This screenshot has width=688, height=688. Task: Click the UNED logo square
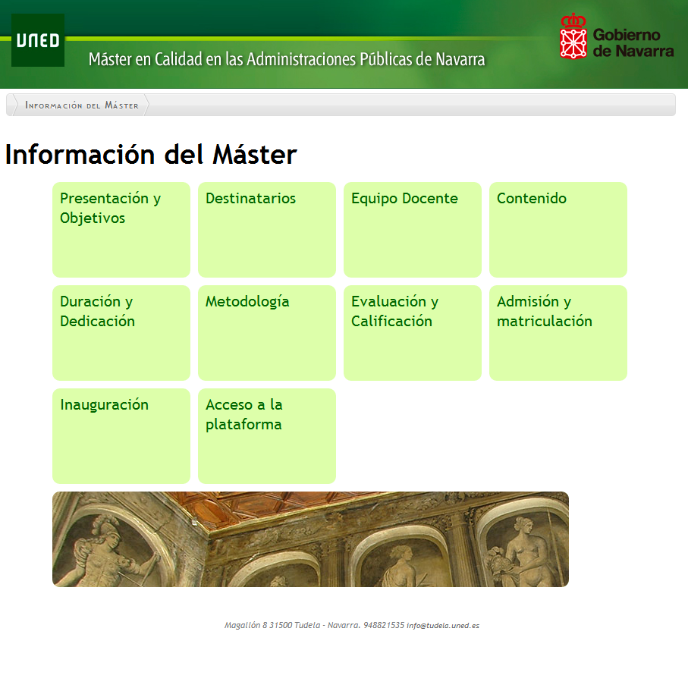pyautogui.click(x=38, y=40)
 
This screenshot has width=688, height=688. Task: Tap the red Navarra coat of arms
pyautogui.click(x=573, y=36)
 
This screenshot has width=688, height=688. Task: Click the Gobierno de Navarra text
pyautogui.click(x=633, y=43)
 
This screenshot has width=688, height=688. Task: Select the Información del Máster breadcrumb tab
pyautogui.click(x=82, y=105)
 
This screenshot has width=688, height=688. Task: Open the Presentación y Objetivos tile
pyautogui.click(x=121, y=230)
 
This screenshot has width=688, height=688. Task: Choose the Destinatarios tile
pyautogui.click(x=267, y=230)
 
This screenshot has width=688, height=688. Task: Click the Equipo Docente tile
pyautogui.click(x=413, y=230)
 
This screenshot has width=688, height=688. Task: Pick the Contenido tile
pyautogui.click(x=558, y=230)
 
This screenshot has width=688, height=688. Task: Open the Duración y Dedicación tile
pyautogui.click(x=121, y=332)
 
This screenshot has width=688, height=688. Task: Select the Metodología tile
pyautogui.click(x=267, y=332)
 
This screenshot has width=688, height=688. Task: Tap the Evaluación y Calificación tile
pyautogui.click(x=413, y=332)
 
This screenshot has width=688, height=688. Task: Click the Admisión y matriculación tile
pyautogui.click(x=558, y=332)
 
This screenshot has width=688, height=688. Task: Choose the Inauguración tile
pyautogui.click(x=121, y=435)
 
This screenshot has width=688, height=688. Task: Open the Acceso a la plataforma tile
pyautogui.click(x=267, y=435)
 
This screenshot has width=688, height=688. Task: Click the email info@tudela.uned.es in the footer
pyautogui.click(x=443, y=626)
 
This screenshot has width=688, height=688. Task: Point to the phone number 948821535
pyautogui.click(x=384, y=625)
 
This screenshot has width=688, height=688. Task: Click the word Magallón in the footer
pyautogui.click(x=242, y=626)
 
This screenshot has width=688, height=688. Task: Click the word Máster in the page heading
pyautogui.click(x=254, y=155)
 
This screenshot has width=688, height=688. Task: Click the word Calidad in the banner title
pyautogui.click(x=178, y=59)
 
